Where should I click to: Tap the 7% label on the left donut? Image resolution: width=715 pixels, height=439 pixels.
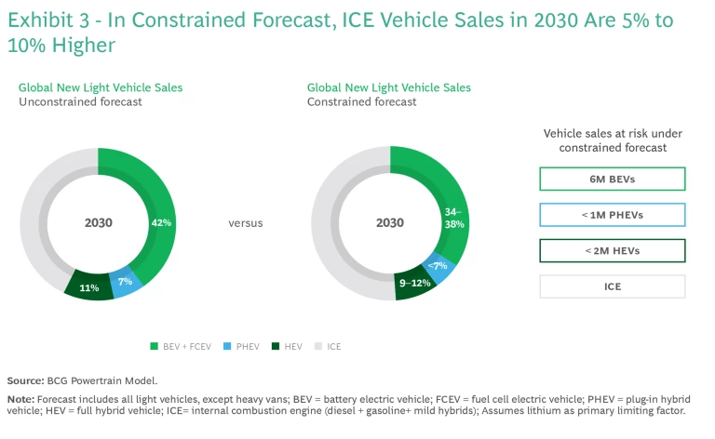126,281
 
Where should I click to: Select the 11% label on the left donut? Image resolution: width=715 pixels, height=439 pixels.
89,288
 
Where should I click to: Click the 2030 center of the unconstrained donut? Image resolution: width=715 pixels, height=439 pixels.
99,223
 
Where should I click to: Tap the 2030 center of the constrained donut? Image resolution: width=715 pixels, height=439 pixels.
390,223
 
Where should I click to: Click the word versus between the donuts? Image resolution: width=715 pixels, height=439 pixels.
245,223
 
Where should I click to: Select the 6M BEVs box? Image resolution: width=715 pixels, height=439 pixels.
613,179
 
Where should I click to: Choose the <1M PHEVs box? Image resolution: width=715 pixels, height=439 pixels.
613,215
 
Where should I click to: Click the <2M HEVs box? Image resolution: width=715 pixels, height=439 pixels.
613,251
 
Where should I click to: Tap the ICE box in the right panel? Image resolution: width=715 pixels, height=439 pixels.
613,286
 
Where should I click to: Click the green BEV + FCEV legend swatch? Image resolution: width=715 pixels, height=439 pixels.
154,346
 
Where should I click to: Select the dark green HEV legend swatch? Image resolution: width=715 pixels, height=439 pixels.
275,346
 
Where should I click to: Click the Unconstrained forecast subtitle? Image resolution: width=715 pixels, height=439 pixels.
81,102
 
